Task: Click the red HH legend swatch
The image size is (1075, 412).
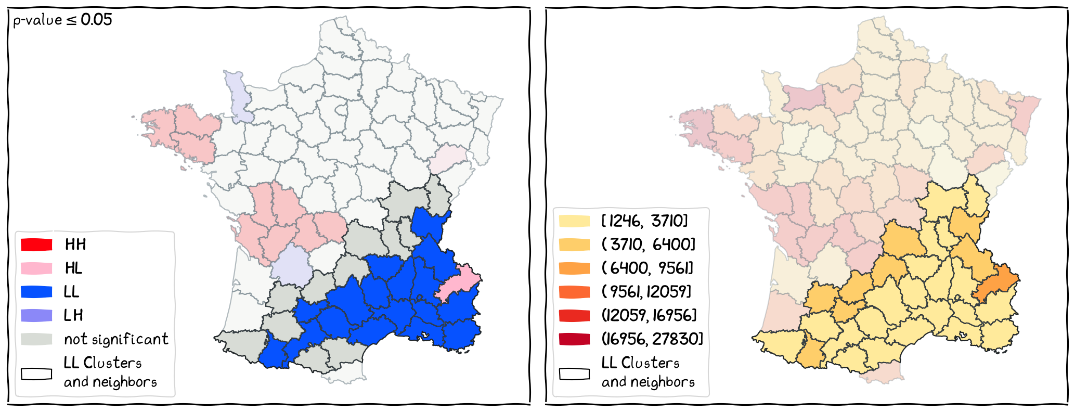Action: click(x=36, y=244)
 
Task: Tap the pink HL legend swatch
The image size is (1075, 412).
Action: click(x=36, y=268)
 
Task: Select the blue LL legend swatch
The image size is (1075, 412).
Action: click(x=36, y=291)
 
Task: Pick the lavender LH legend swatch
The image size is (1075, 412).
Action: click(x=36, y=315)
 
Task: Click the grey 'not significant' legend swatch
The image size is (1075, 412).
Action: click(x=36, y=339)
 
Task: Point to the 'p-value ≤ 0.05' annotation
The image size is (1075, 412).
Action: click(x=62, y=20)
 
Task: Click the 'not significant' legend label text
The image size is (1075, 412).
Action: click(x=116, y=339)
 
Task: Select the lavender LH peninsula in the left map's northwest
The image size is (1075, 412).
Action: click(x=238, y=96)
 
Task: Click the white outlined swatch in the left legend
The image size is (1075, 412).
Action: click(x=36, y=374)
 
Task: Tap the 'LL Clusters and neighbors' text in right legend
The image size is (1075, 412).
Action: click(x=647, y=372)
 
